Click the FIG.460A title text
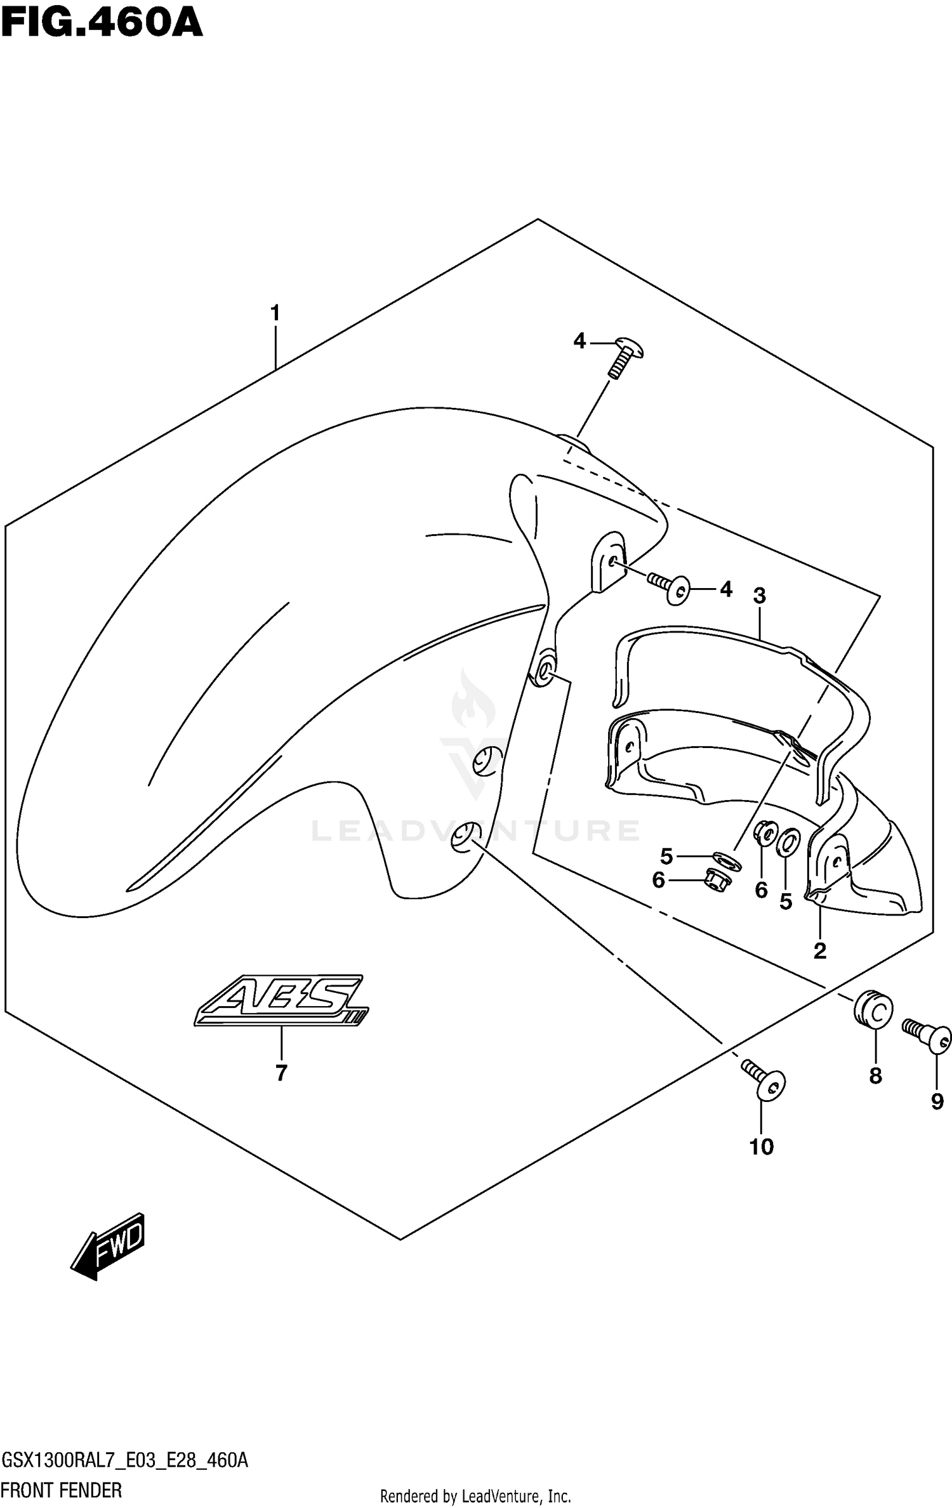pyautogui.click(x=102, y=24)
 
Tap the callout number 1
pyautogui.click(x=275, y=313)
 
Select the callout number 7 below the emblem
pyautogui.click(x=281, y=1072)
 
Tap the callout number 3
pyautogui.click(x=759, y=596)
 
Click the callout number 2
pyautogui.click(x=819, y=950)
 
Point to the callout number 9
pyautogui.click(x=937, y=1102)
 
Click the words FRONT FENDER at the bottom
pyautogui.click(x=62, y=1490)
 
